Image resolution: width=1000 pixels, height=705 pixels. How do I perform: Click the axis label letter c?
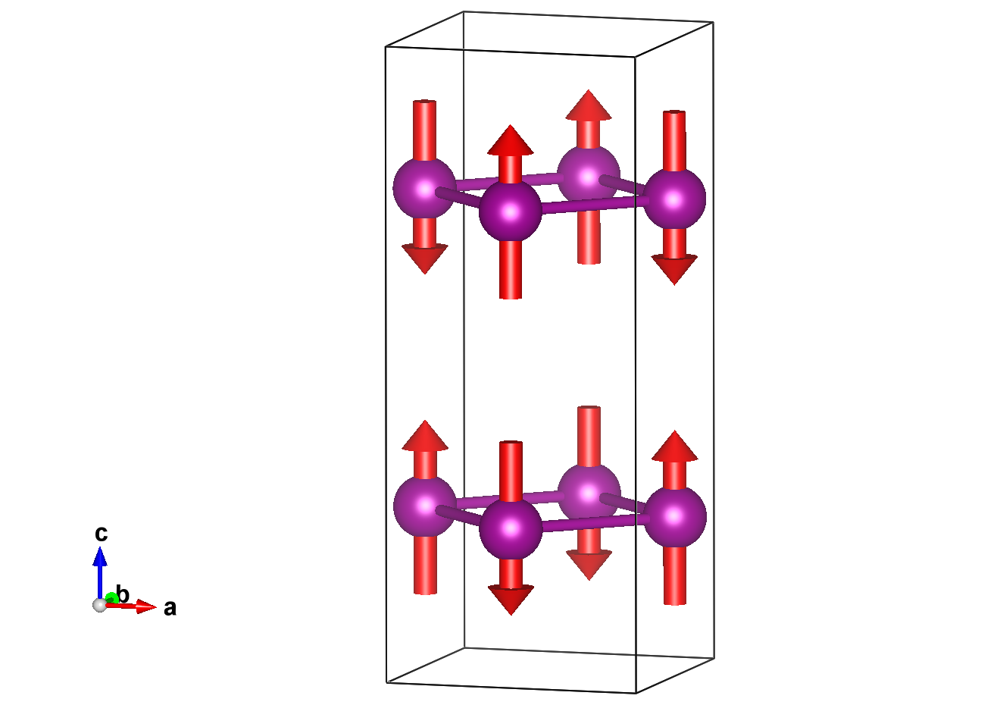click(101, 534)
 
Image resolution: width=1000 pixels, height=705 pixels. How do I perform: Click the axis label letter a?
click(170, 608)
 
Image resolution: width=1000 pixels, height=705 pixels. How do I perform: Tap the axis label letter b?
click(123, 594)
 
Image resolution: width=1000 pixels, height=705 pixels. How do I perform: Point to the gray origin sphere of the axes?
click(99, 604)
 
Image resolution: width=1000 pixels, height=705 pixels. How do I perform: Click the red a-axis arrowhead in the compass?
click(147, 606)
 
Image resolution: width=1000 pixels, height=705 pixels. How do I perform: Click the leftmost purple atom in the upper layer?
click(424, 187)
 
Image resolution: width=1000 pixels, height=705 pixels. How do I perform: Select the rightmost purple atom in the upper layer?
click(674, 199)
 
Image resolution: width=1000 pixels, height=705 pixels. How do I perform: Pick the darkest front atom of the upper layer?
click(511, 210)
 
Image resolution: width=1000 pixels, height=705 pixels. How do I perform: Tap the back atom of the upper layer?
click(589, 174)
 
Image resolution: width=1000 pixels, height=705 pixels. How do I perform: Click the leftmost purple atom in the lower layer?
click(425, 506)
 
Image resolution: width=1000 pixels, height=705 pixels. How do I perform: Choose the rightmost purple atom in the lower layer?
click(675, 517)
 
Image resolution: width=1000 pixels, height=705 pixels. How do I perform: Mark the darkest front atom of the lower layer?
click(511, 528)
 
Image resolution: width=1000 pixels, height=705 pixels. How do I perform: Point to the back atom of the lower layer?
click(589, 493)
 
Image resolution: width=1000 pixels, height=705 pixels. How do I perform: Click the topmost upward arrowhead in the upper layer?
click(589, 105)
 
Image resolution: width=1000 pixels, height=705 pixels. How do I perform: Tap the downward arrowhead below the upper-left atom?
click(424, 258)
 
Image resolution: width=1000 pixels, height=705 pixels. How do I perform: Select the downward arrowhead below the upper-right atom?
click(674, 269)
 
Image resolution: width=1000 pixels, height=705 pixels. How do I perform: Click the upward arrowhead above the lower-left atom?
click(425, 436)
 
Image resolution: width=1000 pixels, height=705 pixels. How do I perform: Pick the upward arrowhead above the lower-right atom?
click(674, 446)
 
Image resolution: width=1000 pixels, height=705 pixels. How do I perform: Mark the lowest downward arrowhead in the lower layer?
click(511, 600)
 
